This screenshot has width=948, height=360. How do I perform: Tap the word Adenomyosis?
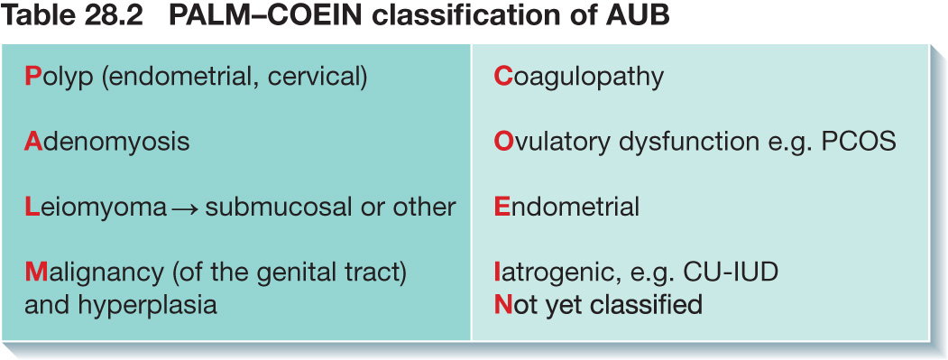(107, 143)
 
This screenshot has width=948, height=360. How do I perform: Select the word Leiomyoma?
(96, 208)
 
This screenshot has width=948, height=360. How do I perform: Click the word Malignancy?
(94, 272)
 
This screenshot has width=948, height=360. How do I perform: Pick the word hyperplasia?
(148, 305)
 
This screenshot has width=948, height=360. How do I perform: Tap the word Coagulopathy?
(578, 78)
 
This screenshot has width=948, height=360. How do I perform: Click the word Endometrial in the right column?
(566, 207)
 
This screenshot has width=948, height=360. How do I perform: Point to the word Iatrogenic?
(559, 272)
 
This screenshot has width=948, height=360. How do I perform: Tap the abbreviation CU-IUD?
(731, 272)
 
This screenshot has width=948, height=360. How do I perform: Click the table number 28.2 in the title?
(115, 17)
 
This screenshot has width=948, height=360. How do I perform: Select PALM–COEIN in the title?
(266, 17)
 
